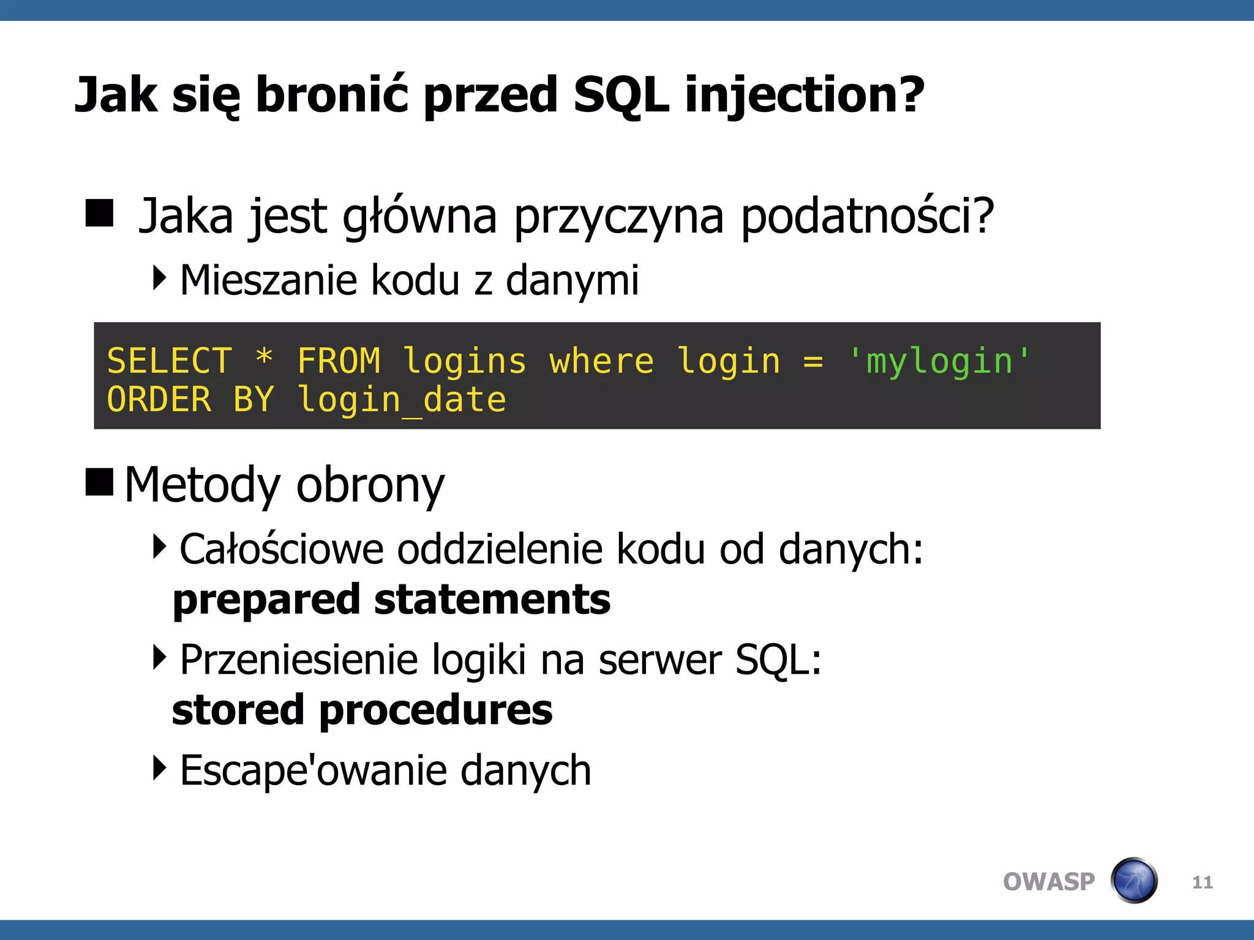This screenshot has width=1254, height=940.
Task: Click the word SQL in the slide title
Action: pos(620,95)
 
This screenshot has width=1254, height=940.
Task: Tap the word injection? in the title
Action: pos(804,95)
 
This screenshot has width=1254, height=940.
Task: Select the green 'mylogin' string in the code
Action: pos(939,361)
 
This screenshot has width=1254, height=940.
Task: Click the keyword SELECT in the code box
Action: pos(170,361)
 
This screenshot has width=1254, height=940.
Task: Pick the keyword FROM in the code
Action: pos(339,361)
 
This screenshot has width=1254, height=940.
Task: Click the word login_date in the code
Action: pos(402,400)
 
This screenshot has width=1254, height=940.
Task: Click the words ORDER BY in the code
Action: pos(190,400)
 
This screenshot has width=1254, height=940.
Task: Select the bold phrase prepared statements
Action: pos(391,600)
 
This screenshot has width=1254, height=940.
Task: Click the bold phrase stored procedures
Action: pos(362,711)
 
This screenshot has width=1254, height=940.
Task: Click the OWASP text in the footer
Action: pos(1048,882)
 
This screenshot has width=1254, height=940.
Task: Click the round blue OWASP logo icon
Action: pos(1134,881)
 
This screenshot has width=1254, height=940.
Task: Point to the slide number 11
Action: pos(1202,882)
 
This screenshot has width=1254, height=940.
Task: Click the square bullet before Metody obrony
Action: pos(99,482)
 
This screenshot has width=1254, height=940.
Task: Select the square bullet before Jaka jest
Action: pos(99,213)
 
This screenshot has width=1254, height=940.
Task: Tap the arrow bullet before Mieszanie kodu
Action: pos(159,278)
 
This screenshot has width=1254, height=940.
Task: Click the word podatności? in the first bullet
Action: pos(867,217)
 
